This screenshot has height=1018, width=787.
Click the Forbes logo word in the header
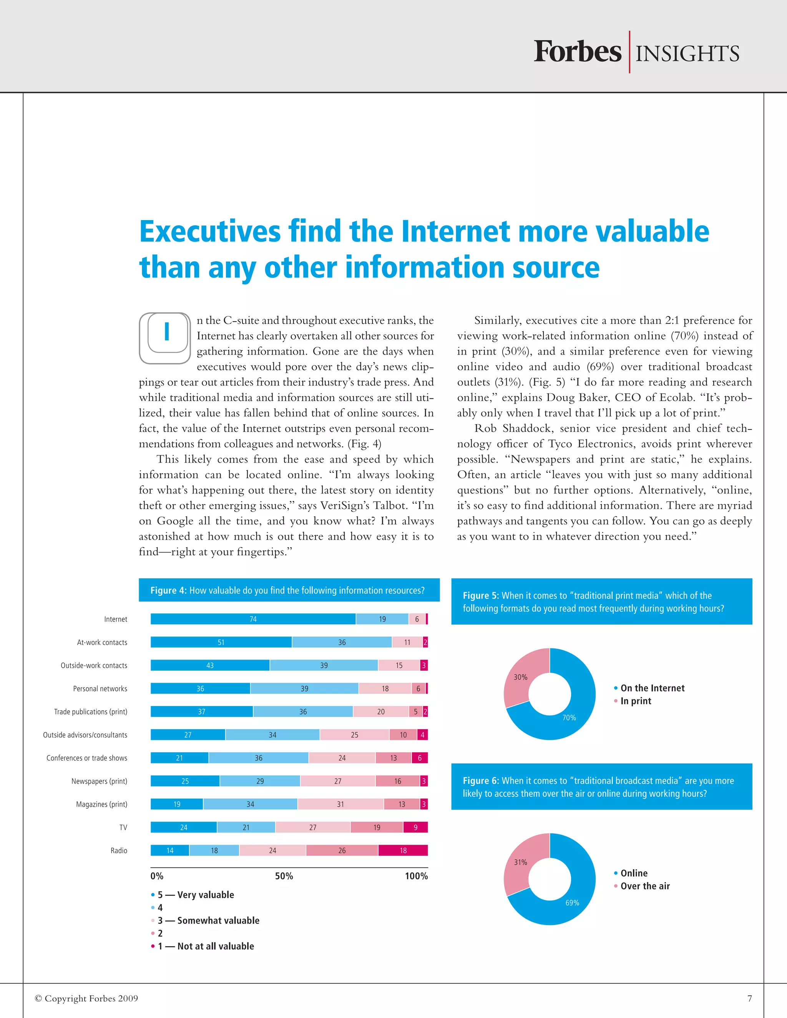pos(577,52)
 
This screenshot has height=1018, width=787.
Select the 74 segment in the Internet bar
pos(253,619)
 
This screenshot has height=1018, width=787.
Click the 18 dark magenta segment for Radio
pos(403,850)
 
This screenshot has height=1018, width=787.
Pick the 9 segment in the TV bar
pos(415,827)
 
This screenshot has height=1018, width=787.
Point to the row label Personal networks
pos(100,688)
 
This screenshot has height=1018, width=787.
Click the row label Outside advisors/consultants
pos(85,734)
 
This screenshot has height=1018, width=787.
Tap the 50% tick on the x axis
pos(284,876)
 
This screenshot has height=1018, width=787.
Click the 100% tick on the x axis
pos(416,876)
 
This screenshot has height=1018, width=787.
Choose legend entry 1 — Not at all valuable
pos(206,946)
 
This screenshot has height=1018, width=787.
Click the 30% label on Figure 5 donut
pos(520,677)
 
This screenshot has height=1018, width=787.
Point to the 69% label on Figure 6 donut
pos(572,902)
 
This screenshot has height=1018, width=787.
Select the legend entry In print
pos(636,701)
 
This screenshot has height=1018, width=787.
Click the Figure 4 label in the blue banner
pos(168,590)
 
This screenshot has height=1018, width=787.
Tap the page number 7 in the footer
pos(749,998)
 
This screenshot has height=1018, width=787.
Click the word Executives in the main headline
pos(210,232)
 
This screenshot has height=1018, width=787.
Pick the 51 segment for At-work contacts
pos(221,642)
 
